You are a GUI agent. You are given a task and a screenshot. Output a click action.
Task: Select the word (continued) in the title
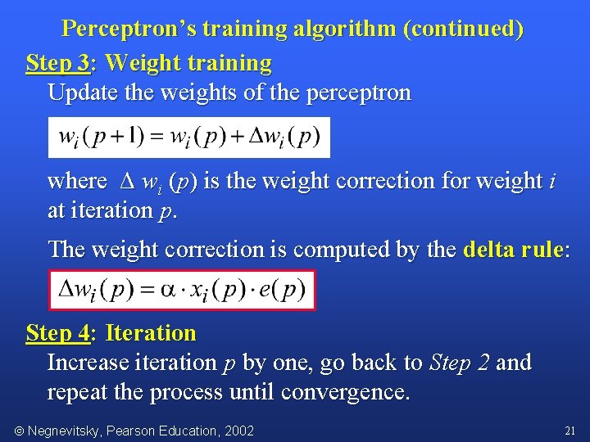click(463, 29)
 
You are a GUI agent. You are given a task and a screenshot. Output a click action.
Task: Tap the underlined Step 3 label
click(57, 62)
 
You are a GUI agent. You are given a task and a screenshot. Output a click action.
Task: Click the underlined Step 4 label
click(57, 333)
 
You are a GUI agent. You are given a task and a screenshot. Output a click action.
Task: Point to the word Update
click(81, 92)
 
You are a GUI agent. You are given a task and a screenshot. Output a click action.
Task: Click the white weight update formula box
click(189, 137)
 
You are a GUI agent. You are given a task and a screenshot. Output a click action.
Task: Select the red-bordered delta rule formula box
click(182, 290)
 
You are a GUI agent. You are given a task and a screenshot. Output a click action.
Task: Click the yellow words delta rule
click(514, 249)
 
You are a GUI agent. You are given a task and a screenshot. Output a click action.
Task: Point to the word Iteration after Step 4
click(152, 333)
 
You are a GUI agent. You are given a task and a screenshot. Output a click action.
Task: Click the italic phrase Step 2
click(460, 363)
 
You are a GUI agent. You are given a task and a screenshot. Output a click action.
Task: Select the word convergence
click(345, 392)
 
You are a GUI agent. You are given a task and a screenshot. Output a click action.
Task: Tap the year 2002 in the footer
click(239, 431)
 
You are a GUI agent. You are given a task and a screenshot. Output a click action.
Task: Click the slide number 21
click(570, 430)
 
